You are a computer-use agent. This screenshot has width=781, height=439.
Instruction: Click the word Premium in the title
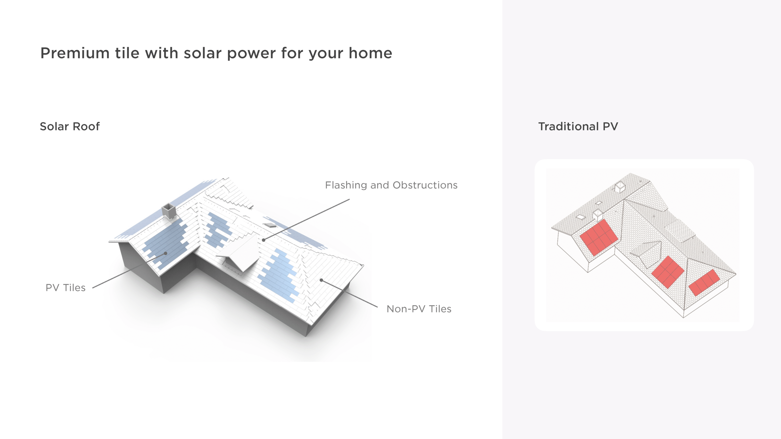click(x=75, y=53)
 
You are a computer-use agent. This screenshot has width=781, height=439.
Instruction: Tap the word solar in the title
click(x=202, y=53)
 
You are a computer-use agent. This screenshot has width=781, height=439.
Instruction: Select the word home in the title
click(x=370, y=53)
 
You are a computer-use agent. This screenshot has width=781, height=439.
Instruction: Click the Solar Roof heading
click(x=70, y=126)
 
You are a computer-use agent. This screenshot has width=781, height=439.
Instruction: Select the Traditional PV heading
click(x=578, y=126)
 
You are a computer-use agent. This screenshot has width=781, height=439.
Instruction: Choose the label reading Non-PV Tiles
click(x=419, y=309)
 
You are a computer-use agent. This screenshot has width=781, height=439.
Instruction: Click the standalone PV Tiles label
click(x=66, y=287)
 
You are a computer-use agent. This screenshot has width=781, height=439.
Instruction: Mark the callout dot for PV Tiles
click(x=166, y=253)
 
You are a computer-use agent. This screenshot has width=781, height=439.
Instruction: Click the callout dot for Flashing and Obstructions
click(x=264, y=240)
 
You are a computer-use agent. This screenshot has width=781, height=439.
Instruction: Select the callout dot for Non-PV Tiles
click(x=321, y=280)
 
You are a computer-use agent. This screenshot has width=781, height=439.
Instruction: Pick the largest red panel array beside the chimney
click(x=599, y=237)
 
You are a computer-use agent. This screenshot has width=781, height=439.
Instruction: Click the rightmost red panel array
click(x=704, y=283)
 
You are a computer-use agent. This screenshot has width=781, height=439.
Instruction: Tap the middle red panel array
click(x=668, y=272)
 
